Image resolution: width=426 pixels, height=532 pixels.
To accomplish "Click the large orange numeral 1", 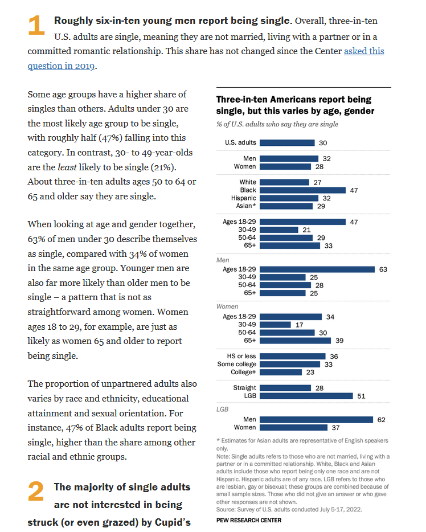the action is click(36, 25).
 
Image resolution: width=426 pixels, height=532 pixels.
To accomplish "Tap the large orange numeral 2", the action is click(36, 491).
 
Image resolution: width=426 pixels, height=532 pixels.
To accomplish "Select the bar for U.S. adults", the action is click(287, 143).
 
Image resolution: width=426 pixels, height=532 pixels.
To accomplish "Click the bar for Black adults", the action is click(302, 190).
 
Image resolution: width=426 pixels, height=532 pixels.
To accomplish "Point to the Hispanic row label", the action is click(244, 198).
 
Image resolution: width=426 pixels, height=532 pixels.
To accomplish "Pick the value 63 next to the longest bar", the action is click(383, 269).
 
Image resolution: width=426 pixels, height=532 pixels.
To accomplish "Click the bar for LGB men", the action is click(317, 420).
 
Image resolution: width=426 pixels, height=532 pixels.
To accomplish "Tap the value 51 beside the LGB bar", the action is click(361, 396).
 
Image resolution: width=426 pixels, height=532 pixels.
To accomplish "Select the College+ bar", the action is click(281, 372).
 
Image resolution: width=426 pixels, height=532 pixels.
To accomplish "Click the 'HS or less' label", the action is click(241, 356).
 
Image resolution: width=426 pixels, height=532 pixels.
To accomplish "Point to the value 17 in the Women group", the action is click(299, 325).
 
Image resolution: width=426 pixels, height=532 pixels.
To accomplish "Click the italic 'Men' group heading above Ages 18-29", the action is click(223, 260).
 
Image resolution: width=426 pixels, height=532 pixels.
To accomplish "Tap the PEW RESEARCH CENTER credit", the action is click(249, 520).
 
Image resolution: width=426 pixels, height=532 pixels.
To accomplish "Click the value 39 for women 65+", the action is click(339, 341).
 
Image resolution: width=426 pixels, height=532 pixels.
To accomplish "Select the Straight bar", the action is click(285, 388).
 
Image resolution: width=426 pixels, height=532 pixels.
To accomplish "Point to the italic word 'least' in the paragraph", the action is click(67, 167).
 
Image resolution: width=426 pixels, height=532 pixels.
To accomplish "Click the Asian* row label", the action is click(246, 206).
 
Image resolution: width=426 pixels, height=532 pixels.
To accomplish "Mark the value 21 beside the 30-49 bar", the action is click(306, 230).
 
